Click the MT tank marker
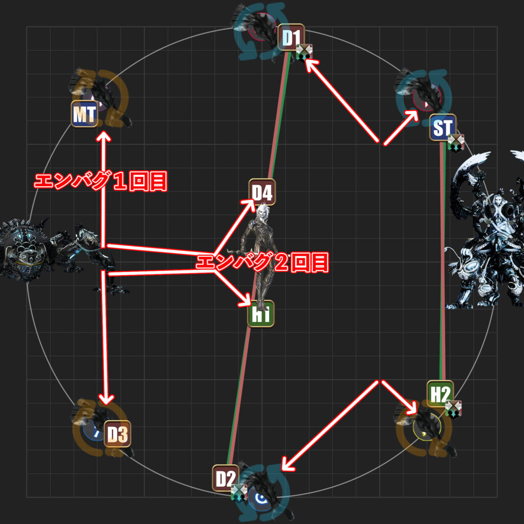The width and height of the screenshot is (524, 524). (x=84, y=114)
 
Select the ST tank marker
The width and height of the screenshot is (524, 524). (x=443, y=127)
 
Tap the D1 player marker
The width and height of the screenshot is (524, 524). (x=291, y=37)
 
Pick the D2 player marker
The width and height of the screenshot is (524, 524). (x=226, y=478)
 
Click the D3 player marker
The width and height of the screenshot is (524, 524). (x=117, y=434)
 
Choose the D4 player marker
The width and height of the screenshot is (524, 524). (x=262, y=192)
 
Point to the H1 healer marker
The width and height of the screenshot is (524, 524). (x=260, y=314)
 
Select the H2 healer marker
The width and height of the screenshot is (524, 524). (x=441, y=394)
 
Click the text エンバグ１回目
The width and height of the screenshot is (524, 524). (x=100, y=182)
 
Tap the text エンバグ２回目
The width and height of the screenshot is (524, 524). (x=262, y=263)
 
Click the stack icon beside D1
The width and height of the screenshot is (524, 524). (x=304, y=52)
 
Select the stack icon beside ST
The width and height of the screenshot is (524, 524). (x=456, y=143)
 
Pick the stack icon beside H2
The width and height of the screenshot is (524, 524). (x=453, y=409)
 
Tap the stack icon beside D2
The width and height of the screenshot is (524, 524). (x=239, y=493)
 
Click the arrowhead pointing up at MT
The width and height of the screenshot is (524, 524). (x=104, y=137)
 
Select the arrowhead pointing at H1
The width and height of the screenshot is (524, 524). (x=245, y=300)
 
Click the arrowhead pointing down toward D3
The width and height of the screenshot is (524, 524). (x=106, y=398)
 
